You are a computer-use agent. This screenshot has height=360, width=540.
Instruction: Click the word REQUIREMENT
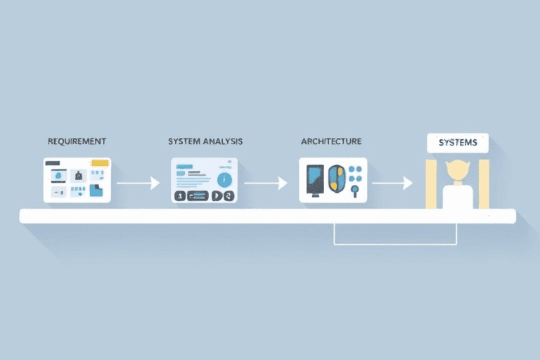77,141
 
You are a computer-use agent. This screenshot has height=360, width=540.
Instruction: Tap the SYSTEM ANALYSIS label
205,141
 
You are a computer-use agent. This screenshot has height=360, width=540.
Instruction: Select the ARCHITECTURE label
331,141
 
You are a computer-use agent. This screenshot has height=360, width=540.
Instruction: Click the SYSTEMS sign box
458,143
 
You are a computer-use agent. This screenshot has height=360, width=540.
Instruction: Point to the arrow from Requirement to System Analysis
139,183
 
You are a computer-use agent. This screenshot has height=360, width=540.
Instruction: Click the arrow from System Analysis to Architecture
265,183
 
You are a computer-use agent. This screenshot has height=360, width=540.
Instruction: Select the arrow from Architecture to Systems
392,183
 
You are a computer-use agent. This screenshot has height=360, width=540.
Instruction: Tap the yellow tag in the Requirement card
100,163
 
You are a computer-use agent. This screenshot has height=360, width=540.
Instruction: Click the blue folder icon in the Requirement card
96,190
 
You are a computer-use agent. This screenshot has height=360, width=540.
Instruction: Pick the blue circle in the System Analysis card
225,179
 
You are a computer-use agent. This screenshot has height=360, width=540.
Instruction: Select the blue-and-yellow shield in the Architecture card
337,178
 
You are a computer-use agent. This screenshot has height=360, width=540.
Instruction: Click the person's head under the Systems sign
458,170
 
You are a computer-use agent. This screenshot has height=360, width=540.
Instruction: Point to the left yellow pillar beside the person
431,184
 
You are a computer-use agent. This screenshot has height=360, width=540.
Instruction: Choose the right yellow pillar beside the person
484,184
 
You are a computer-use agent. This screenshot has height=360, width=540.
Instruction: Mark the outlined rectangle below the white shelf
395,234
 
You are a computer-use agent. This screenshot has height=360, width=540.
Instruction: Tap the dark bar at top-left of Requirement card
52,163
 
